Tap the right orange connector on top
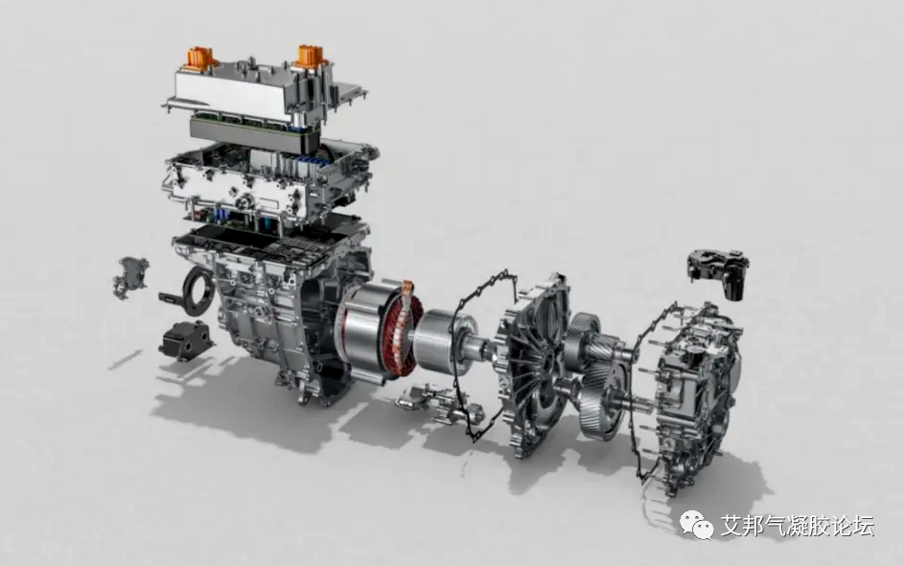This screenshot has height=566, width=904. (312, 55)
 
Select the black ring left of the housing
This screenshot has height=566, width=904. (198, 291)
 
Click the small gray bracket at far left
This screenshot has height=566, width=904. (131, 278)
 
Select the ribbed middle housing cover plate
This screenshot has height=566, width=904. (533, 364)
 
